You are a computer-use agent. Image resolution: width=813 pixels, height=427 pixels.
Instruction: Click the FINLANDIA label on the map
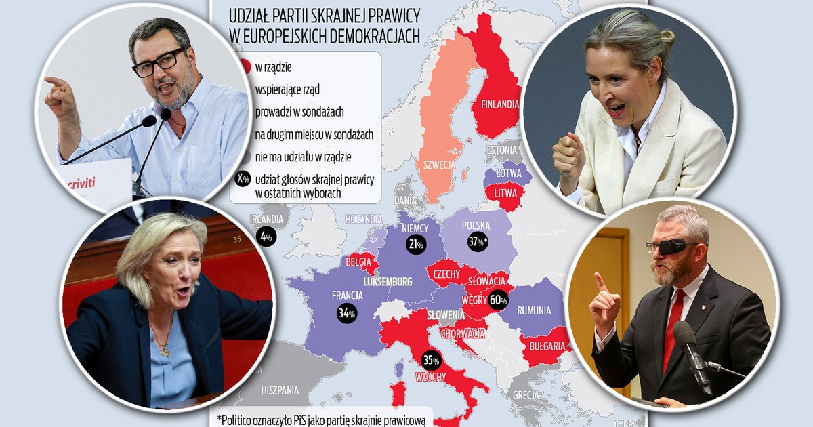tap(499, 105)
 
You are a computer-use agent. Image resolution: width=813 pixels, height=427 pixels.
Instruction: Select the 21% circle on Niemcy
tap(416, 245)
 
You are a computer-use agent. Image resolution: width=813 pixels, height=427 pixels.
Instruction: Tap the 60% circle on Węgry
tap(498, 299)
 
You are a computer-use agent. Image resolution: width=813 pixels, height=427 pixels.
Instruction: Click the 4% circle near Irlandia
tap(266, 237)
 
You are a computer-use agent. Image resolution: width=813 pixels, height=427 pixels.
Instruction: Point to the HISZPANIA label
tap(280, 390)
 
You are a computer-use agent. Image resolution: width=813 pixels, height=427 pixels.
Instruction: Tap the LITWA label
tap(505, 195)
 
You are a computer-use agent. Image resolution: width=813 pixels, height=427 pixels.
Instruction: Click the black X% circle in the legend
tap(241, 180)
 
